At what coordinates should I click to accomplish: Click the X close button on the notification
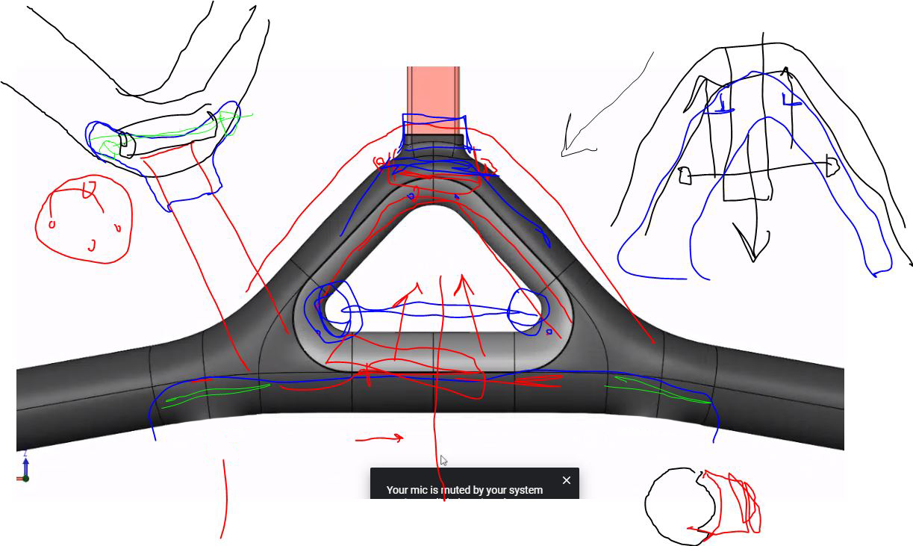point(566,480)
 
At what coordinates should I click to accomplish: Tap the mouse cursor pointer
point(443,460)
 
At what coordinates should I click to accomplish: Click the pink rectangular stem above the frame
point(433,90)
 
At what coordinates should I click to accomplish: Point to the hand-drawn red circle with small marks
point(84,220)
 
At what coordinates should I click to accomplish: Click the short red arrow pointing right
point(381,438)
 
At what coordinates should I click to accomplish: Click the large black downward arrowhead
point(752,243)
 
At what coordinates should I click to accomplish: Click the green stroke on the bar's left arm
point(216,393)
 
